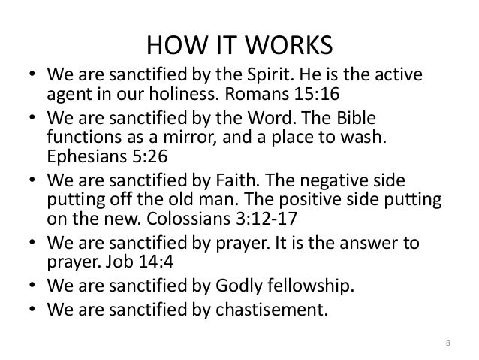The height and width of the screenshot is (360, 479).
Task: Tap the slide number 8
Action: [x=448, y=345]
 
